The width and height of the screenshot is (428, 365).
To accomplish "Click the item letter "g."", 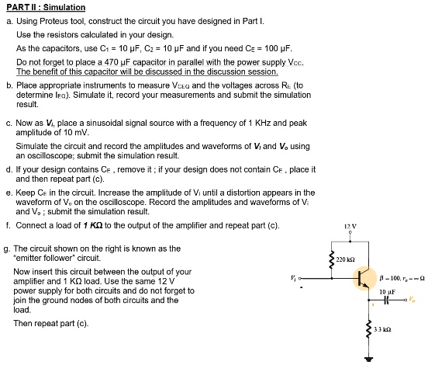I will click(x=8, y=248).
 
